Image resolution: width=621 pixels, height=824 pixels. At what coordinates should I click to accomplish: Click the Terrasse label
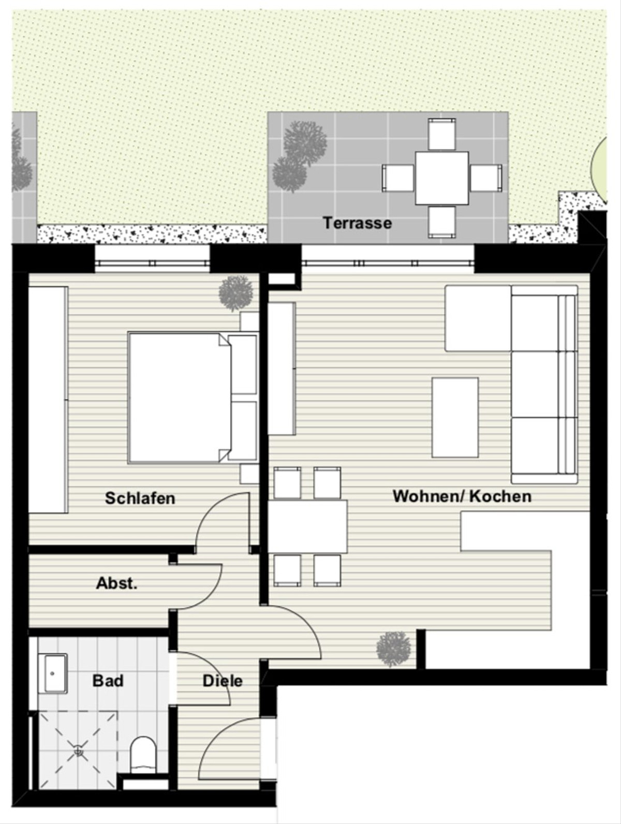(x=357, y=223)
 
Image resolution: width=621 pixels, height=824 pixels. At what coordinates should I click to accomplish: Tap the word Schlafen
(x=140, y=498)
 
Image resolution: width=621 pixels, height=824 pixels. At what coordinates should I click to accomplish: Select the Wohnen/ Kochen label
(x=462, y=496)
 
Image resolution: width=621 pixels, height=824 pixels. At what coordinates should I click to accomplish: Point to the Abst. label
(x=116, y=583)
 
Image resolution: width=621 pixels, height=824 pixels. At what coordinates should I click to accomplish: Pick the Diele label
(x=223, y=681)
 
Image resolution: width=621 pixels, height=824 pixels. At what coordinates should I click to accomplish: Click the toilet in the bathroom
(x=143, y=755)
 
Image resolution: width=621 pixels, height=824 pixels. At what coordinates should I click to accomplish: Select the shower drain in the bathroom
(x=78, y=751)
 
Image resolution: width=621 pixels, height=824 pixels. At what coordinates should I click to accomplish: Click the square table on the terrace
(x=441, y=178)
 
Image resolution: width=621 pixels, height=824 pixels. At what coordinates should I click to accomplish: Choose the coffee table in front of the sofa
(x=455, y=418)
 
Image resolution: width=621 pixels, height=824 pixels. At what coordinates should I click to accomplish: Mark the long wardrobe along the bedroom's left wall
(x=49, y=400)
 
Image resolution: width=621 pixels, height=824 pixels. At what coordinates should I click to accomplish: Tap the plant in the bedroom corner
(x=235, y=293)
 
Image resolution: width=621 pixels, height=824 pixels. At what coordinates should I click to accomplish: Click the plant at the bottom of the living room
(x=394, y=649)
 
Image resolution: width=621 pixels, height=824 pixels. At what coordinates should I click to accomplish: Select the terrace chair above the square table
(x=442, y=134)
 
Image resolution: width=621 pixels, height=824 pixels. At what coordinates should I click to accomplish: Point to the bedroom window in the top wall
(x=152, y=258)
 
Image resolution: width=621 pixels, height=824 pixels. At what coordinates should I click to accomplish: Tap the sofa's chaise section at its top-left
(x=478, y=318)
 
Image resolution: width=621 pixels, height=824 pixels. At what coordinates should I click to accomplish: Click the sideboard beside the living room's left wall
(x=282, y=369)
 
